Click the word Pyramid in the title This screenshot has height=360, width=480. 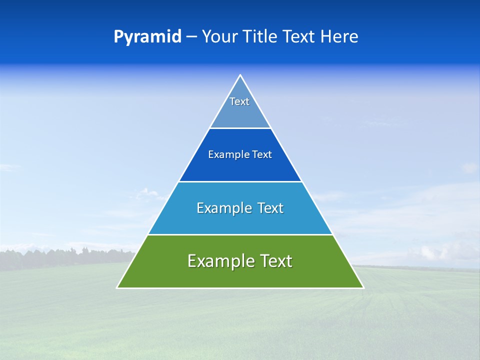click(147, 37)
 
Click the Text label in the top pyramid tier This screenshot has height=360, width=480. click(239, 101)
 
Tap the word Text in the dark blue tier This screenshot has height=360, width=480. click(261, 155)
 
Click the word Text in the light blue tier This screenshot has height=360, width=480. click(270, 208)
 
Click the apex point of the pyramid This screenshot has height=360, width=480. click(240, 75)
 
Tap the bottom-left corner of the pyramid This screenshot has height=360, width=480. click(117, 287)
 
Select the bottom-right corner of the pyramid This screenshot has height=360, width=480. click(363, 287)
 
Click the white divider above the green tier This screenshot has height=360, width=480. click(240, 234)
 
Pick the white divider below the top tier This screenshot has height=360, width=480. click(240, 128)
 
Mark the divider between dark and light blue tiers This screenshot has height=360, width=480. click(240, 181)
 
